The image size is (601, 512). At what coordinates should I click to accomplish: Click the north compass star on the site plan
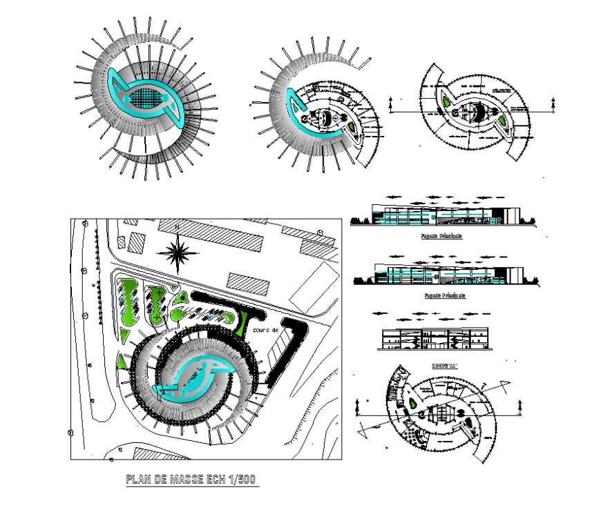(x=179, y=253)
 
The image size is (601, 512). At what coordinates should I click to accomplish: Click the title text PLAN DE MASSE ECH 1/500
(x=191, y=480)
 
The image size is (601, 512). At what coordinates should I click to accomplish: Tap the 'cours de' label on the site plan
(x=266, y=330)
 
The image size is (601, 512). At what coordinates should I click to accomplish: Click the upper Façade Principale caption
(x=441, y=236)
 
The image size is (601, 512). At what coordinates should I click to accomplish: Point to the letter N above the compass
(x=179, y=227)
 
